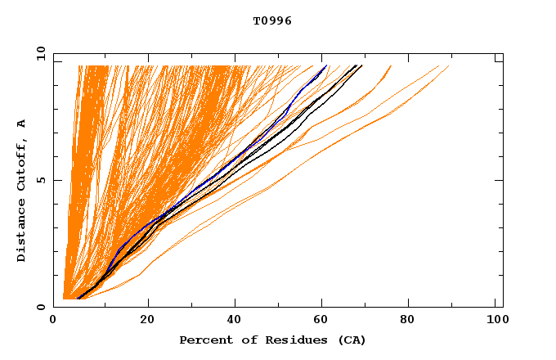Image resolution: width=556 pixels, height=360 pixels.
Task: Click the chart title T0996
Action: click(272, 21)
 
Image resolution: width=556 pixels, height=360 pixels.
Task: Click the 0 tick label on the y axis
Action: click(39, 307)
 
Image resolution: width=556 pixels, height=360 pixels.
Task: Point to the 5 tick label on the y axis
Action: click(39, 180)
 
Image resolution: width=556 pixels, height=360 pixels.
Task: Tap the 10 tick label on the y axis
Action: click(37, 53)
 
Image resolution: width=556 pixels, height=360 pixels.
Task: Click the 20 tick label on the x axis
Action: click(147, 320)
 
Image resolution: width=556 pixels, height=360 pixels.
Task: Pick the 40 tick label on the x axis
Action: click(235, 320)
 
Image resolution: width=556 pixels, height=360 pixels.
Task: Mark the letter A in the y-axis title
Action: click(21, 124)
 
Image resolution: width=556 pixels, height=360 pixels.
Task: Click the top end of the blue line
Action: click(326, 65)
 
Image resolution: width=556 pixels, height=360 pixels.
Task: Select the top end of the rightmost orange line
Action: click(449, 65)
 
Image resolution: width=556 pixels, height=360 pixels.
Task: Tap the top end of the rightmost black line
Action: click(362, 65)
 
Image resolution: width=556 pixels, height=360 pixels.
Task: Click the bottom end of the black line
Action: click(77, 299)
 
